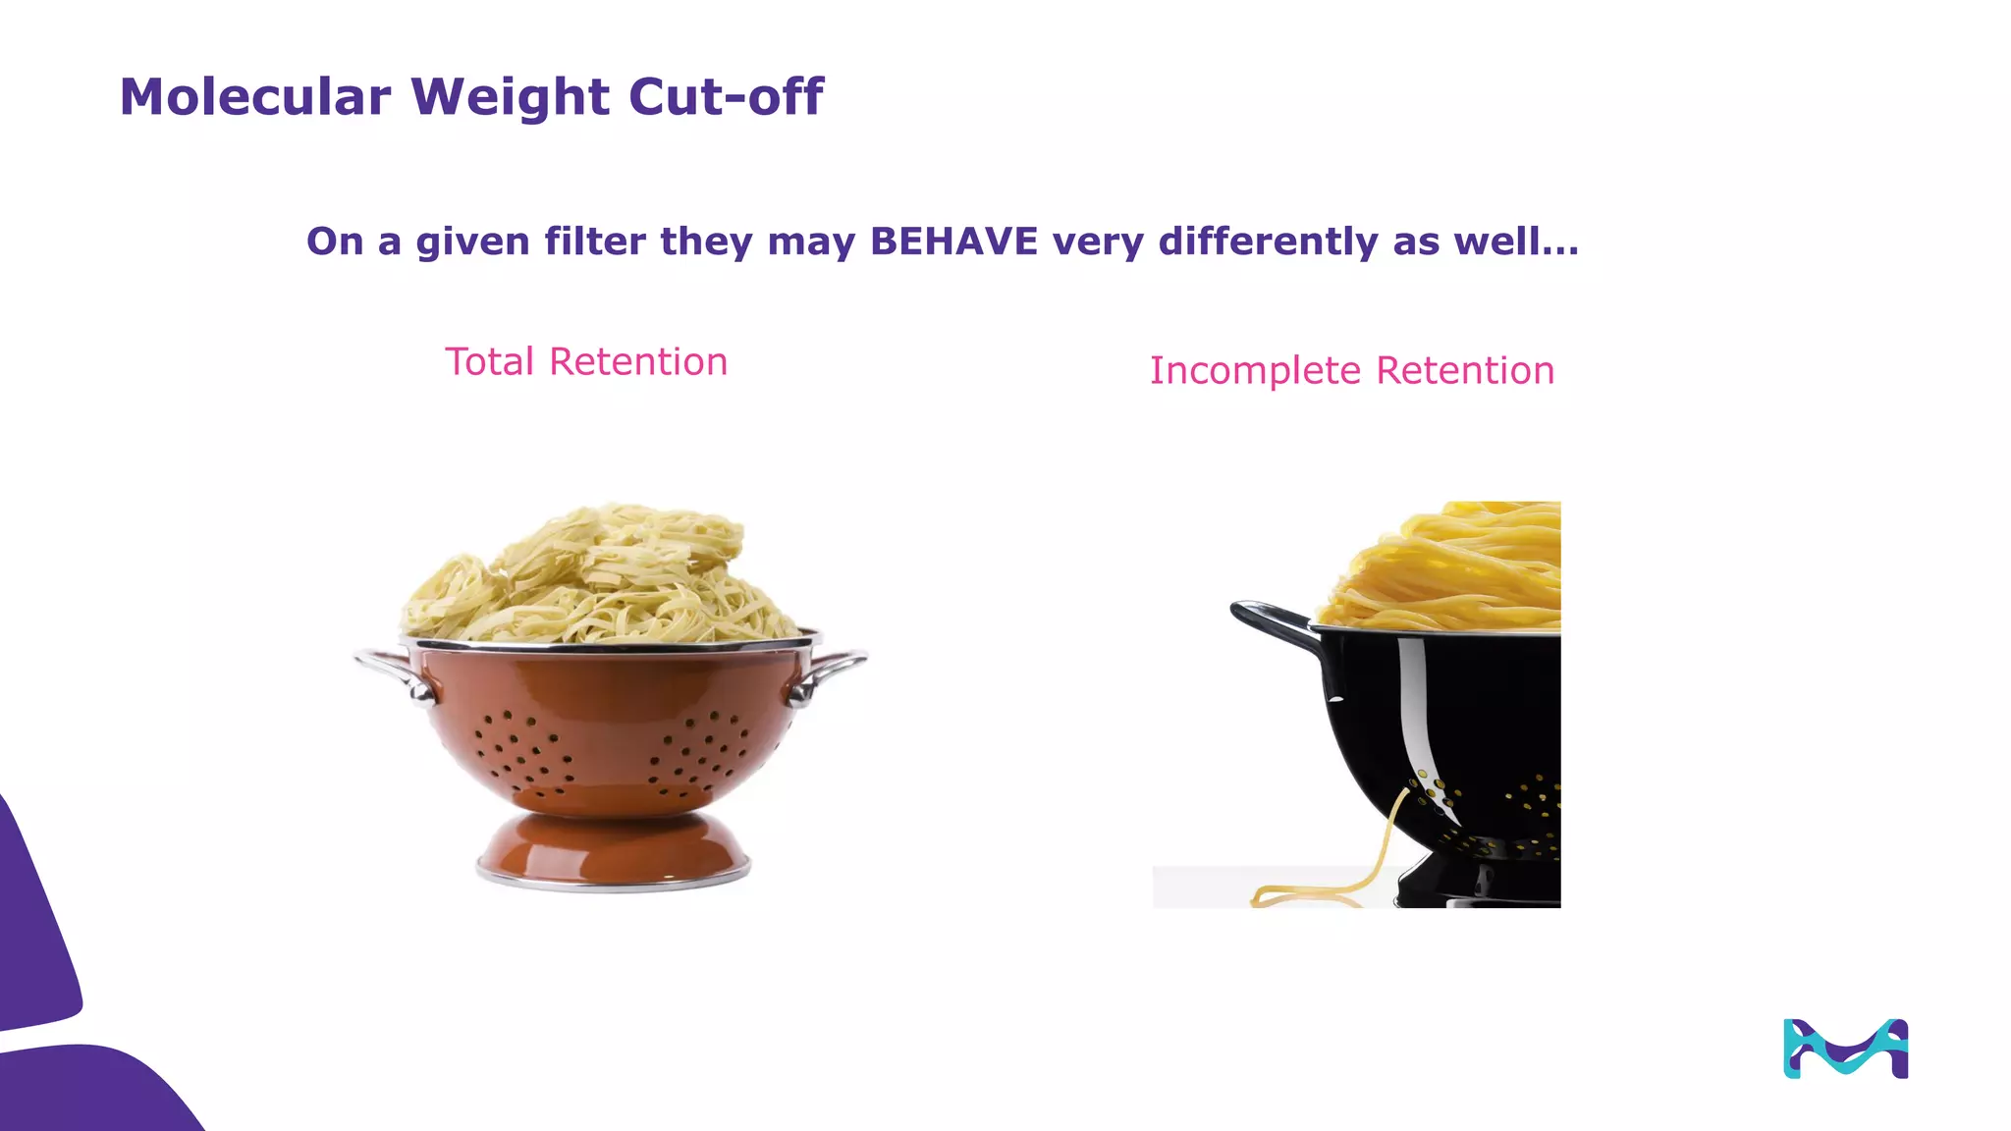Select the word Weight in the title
coord(511,97)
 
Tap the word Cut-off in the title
coord(726,97)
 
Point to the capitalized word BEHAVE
coord(953,242)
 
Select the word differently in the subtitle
coord(1269,242)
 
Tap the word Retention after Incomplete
coord(1465,371)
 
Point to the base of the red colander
coord(614,852)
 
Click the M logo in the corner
coord(1845,1049)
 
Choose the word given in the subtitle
coord(472,242)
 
